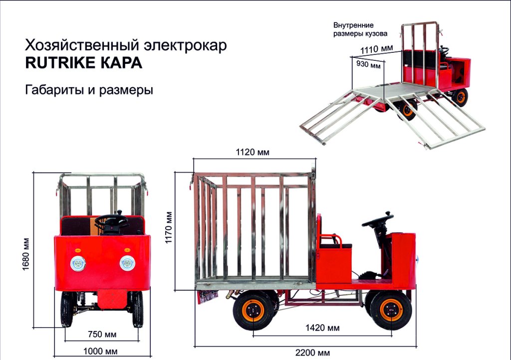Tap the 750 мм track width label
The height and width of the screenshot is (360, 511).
tap(102, 334)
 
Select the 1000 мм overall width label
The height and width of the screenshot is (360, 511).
tap(102, 351)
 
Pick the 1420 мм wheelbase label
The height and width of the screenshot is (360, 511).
tap(322, 328)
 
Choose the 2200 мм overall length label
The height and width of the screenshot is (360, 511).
tap(312, 353)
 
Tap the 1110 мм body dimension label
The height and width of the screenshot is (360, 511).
tap(377, 49)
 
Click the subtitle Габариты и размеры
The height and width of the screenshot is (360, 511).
tap(89, 90)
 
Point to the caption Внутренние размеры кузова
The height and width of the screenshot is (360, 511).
tap(360, 29)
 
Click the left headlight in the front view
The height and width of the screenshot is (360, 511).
tap(78, 263)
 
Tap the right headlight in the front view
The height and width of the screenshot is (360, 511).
tap(127, 263)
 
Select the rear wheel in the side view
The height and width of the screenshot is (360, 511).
tap(254, 312)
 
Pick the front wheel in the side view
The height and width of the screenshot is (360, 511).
tap(391, 311)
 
